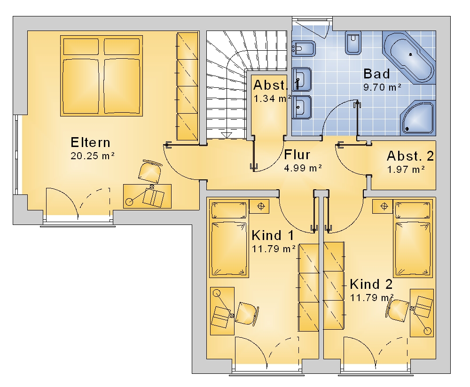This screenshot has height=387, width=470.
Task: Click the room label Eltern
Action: tap(91, 142)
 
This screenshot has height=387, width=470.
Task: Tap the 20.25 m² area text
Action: tap(93, 156)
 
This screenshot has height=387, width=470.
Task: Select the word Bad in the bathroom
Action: tap(376, 74)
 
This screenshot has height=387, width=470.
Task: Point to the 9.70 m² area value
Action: tap(382, 87)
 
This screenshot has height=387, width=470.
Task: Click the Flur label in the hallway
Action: tap(297, 155)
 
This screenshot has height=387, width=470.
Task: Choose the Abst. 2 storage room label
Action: tap(410, 156)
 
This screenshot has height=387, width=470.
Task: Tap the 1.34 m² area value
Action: tap(273, 99)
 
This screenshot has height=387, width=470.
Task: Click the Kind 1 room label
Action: tap(273, 235)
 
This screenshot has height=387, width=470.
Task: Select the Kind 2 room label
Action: tap(371, 284)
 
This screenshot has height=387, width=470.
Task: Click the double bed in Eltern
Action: tap(102, 76)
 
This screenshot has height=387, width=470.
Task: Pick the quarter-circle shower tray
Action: tap(417, 117)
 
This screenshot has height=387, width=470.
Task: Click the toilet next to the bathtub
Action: tap(353, 43)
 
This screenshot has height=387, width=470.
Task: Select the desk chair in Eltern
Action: tap(150, 171)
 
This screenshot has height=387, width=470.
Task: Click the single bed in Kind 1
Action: tap(229, 239)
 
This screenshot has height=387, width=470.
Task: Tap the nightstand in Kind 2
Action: tap(383, 206)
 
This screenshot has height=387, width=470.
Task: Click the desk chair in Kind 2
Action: tap(398, 310)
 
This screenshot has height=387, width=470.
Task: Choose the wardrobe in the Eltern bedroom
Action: tap(188, 86)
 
